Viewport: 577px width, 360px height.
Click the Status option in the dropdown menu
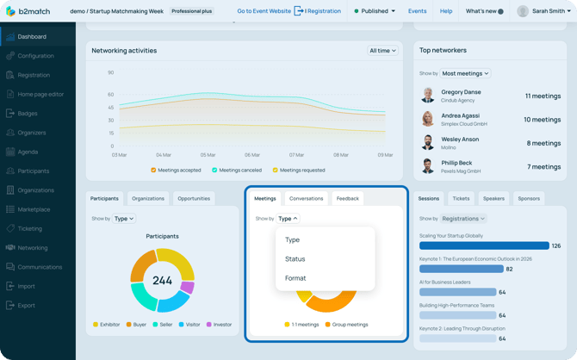point(295,259)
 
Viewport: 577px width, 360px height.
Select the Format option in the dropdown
point(295,278)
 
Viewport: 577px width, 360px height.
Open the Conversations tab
point(306,199)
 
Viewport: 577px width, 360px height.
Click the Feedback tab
point(348,199)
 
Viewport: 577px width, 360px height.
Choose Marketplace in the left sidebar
point(34,209)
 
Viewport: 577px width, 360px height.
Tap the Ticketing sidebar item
point(29,229)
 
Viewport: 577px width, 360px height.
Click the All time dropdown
point(382,51)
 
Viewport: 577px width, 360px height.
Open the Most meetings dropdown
point(465,74)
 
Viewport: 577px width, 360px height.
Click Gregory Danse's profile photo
point(428,96)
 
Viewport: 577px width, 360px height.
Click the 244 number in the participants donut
point(162,281)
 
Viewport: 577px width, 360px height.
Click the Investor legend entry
point(221,325)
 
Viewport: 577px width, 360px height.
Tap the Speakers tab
point(493,199)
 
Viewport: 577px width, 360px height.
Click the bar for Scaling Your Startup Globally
point(484,246)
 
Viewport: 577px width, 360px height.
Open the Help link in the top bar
point(446,11)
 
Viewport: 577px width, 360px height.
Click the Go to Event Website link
point(264,11)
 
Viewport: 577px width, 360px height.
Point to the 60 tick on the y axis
point(111,95)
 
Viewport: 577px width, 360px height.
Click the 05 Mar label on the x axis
point(208,155)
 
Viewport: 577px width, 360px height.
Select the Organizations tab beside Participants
point(148,199)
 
